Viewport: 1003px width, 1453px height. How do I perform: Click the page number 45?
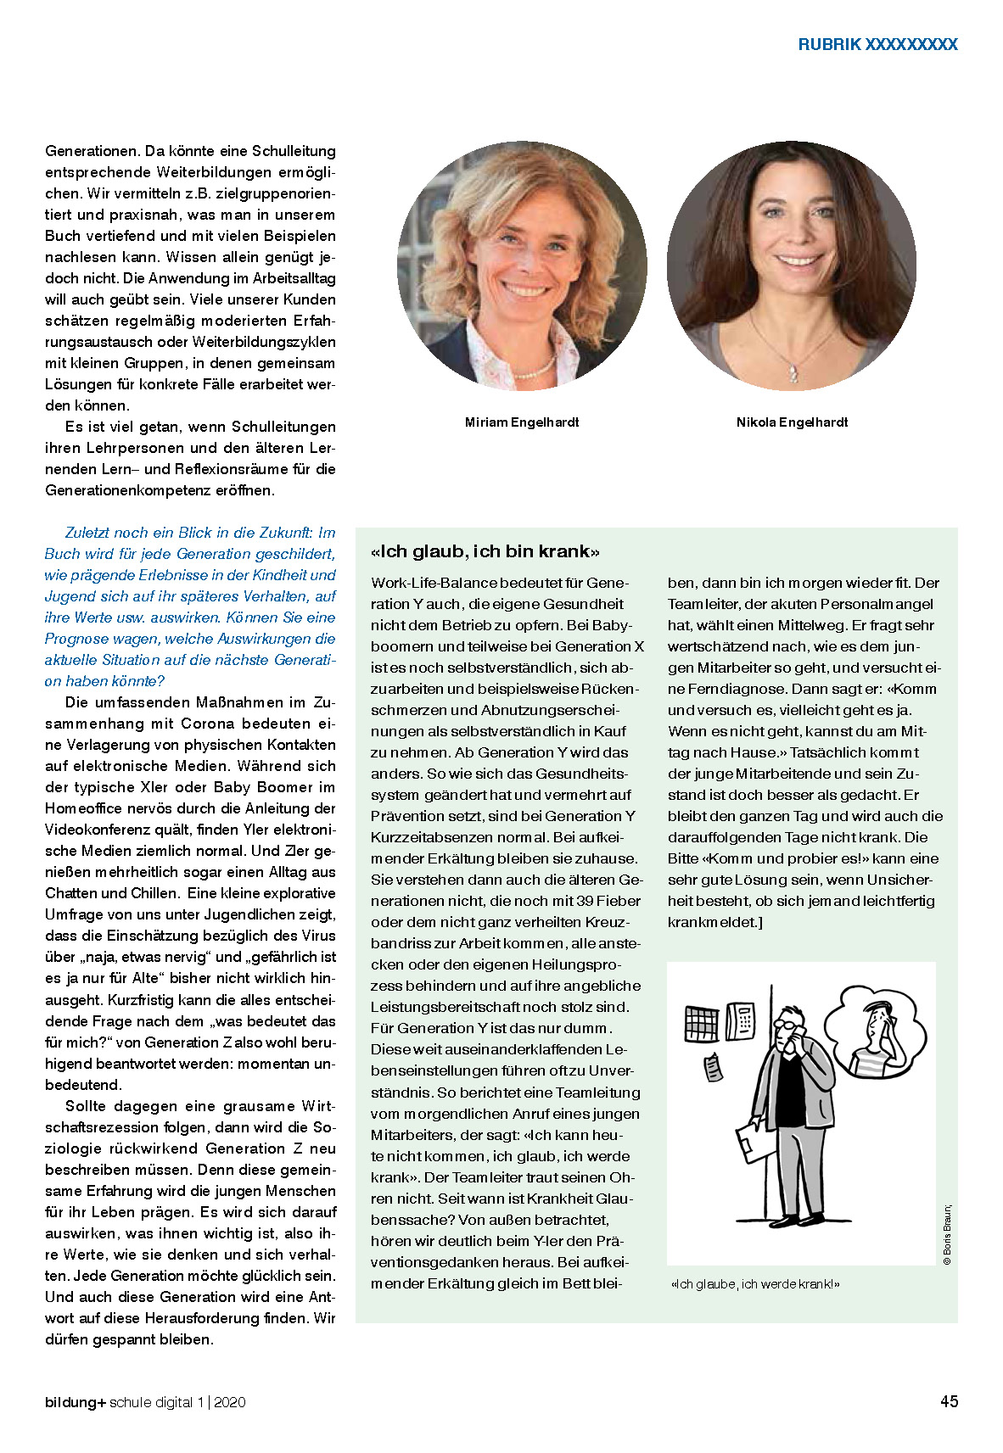coord(949,1400)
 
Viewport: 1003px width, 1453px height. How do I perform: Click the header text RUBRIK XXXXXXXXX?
coord(877,45)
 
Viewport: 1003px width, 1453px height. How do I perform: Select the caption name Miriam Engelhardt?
coord(522,422)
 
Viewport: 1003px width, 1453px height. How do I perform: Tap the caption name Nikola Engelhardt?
coord(792,422)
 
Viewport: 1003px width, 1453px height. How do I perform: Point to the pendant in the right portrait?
coord(793,372)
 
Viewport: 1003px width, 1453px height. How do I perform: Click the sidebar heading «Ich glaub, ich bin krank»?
coord(485,551)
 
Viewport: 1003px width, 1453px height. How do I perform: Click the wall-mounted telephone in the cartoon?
coord(742,1020)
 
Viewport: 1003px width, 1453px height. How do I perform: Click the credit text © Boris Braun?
coord(947,1234)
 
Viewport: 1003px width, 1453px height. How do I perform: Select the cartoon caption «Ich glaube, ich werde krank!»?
coord(754,1284)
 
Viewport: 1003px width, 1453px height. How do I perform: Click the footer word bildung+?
coord(76,1402)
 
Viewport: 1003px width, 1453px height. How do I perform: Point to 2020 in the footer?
coord(230,1402)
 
